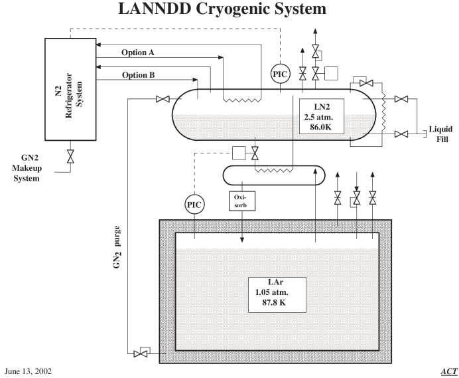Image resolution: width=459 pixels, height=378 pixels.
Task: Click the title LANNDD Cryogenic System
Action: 222,9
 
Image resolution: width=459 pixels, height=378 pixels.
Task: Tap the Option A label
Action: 138,52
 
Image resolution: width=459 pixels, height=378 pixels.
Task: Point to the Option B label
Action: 138,75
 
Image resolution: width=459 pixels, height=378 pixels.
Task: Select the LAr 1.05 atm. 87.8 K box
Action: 277,294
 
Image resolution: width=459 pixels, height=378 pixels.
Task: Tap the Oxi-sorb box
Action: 240,201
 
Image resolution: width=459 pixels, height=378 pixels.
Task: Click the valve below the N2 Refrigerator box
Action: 70,157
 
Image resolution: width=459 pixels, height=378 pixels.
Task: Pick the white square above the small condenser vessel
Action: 239,153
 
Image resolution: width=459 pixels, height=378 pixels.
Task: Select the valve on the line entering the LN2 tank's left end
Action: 161,100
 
